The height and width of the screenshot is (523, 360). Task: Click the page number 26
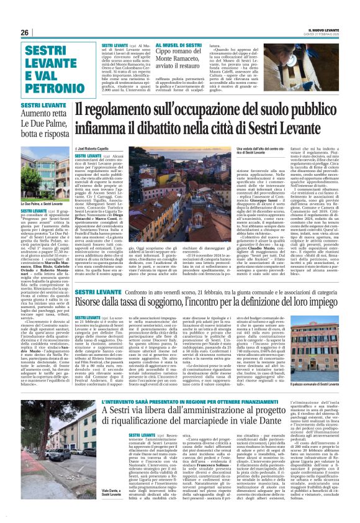click(24, 33)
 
